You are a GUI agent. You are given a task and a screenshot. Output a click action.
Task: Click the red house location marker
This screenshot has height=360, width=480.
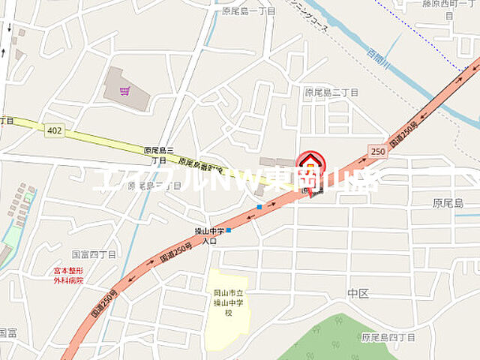click(310, 164)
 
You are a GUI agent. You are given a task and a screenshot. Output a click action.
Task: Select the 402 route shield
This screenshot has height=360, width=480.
click(55, 130)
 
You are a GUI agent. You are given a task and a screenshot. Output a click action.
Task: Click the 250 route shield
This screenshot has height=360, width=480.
click(377, 151)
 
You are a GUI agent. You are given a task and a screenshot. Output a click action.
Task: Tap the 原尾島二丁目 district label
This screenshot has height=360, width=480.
click(331, 91)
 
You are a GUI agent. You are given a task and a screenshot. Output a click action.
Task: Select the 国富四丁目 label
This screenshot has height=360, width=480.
click(94, 254)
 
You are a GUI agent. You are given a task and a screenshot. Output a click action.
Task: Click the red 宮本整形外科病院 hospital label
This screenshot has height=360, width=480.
click(67, 275)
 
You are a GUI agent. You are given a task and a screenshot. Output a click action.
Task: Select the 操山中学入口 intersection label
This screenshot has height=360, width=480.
click(202, 236)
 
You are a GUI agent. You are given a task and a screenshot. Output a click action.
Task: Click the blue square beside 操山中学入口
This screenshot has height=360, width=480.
click(228, 230)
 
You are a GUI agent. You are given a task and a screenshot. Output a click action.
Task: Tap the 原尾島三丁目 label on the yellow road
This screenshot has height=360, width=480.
click(158, 154)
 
